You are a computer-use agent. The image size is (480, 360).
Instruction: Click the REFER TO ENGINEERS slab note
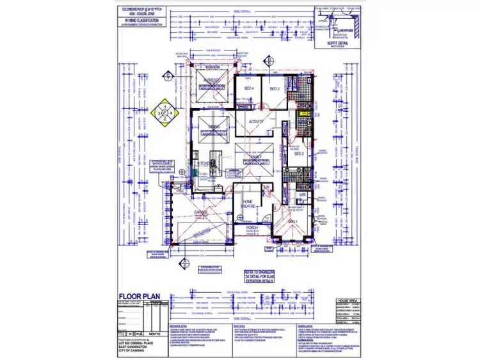pos(259,276)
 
